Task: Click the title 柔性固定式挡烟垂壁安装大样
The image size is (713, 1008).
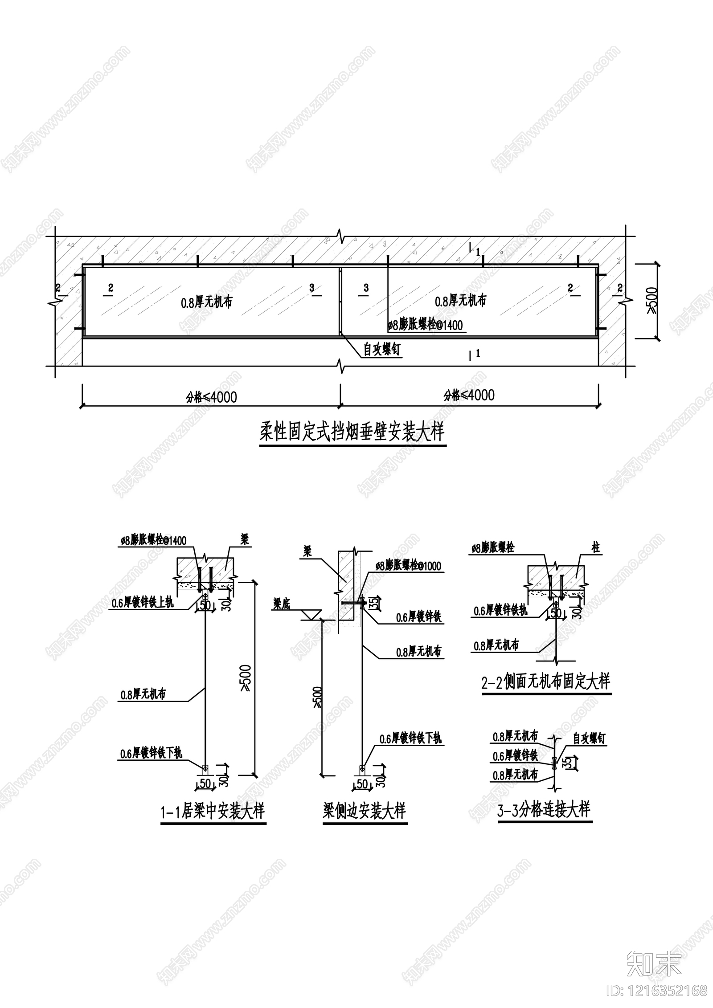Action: pos(352,432)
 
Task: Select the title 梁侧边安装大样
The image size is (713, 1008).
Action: pos(364,811)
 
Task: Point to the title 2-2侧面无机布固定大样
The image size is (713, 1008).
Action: pos(545,682)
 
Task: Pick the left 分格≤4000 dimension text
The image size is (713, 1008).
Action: pos(211,397)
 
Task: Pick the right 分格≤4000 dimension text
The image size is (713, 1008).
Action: pos(469,395)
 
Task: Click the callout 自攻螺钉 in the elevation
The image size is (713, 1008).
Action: pos(382,350)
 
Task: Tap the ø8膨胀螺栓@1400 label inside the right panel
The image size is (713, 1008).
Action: pos(425,326)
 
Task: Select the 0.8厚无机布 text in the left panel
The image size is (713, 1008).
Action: pos(206,303)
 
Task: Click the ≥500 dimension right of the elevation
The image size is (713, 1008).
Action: pos(651,301)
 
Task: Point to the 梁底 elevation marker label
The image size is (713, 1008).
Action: pos(283,604)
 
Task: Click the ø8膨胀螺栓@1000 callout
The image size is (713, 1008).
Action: pos(408,566)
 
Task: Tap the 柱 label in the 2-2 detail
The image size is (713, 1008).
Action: pos(596,548)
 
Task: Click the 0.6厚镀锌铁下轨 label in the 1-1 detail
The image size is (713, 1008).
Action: pos(151,753)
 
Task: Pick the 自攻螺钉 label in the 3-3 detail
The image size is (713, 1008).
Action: pos(589,739)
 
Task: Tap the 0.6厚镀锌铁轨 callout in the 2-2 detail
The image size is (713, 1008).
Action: pos(500,611)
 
